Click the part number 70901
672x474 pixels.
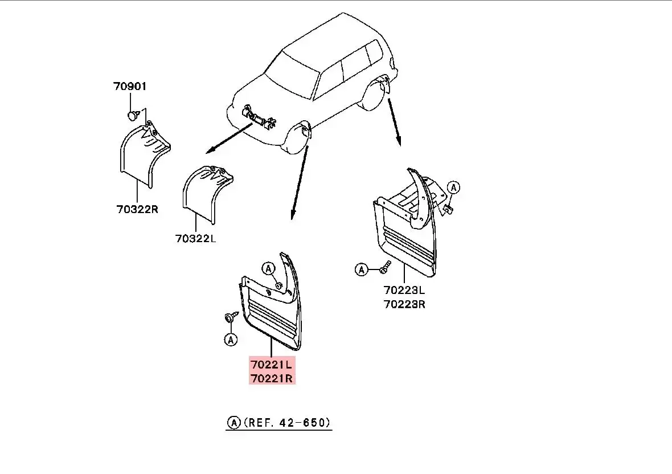pos(129,87)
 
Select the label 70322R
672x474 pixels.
pos(137,209)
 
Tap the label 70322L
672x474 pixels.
pos(195,239)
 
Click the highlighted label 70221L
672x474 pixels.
pos(272,363)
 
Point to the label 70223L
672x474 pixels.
pos(404,291)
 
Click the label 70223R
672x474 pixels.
pos(404,304)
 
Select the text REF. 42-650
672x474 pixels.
pos(287,423)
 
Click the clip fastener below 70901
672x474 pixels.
pos(132,116)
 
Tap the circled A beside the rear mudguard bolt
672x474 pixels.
pos(362,269)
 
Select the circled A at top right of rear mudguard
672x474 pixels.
pos(453,187)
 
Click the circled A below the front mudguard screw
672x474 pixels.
pos(230,340)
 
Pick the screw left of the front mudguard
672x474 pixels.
pos(230,317)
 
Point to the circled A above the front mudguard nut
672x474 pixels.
pos(268,268)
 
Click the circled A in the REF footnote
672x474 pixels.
pos(233,423)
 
